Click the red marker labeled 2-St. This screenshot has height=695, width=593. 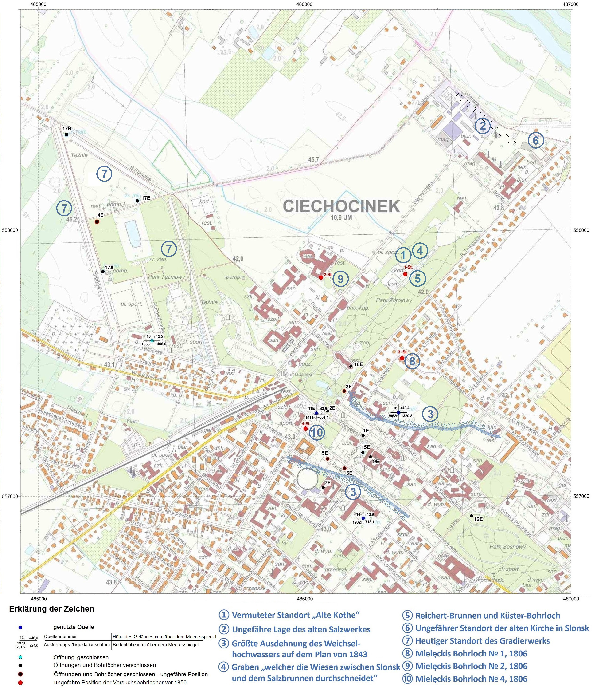click(x=321, y=277)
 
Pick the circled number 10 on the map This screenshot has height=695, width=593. click(x=316, y=432)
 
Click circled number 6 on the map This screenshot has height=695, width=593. click(x=535, y=141)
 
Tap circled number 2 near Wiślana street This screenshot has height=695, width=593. click(x=482, y=126)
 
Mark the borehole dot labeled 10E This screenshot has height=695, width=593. click(x=351, y=366)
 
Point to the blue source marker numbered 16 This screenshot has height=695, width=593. click(x=398, y=413)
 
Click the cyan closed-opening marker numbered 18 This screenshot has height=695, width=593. click(x=152, y=340)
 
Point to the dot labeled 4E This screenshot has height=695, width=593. click(x=97, y=222)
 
